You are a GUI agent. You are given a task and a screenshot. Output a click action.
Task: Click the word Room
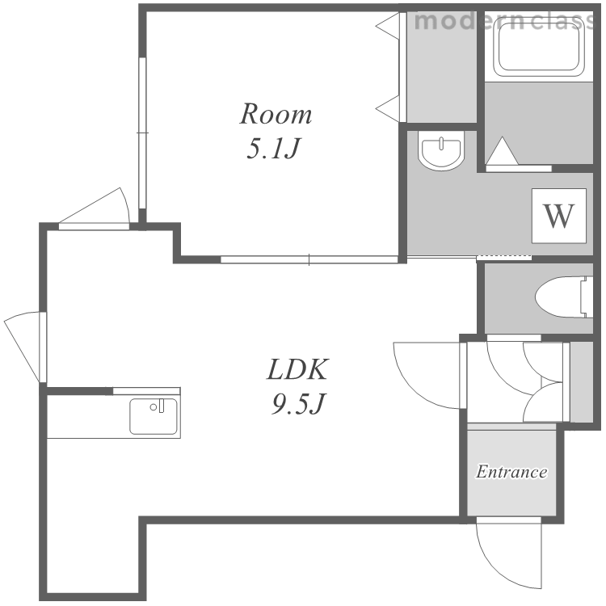pyautogui.click(x=276, y=114)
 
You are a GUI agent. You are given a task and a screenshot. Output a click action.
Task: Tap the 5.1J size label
pyautogui.click(x=273, y=149)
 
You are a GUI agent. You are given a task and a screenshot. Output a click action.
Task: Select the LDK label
pyautogui.click(x=297, y=369)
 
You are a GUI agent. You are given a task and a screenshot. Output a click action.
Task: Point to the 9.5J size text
pyautogui.click(x=297, y=404)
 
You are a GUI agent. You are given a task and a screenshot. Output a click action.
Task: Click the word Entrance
pyautogui.click(x=511, y=472)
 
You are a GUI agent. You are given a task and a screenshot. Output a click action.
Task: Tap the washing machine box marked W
pyautogui.click(x=559, y=216)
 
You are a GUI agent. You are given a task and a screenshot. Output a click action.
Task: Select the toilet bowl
pyautogui.click(x=564, y=297)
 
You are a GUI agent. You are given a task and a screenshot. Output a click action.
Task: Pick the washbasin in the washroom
pyautogui.click(x=441, y=151)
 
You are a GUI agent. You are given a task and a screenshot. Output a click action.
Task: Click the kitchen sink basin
pyautogui.click(x=154, y=416)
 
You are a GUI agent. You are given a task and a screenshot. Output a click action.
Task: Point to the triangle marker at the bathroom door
pyautogui.click(x=502, y=151)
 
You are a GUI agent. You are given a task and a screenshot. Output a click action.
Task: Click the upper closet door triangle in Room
pyautogui.click(x=388, y=27)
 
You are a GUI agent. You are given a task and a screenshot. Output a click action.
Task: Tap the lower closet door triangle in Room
pyautogui.click(x=388, y=108)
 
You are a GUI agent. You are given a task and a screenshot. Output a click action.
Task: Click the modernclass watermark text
pyautogui.click(x=503, y=20)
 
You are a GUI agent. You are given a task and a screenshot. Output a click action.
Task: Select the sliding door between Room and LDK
pyautogui.click(x=309, y=259)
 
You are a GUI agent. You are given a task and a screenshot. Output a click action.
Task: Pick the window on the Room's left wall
pyautogui.click(x=142, y=133)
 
